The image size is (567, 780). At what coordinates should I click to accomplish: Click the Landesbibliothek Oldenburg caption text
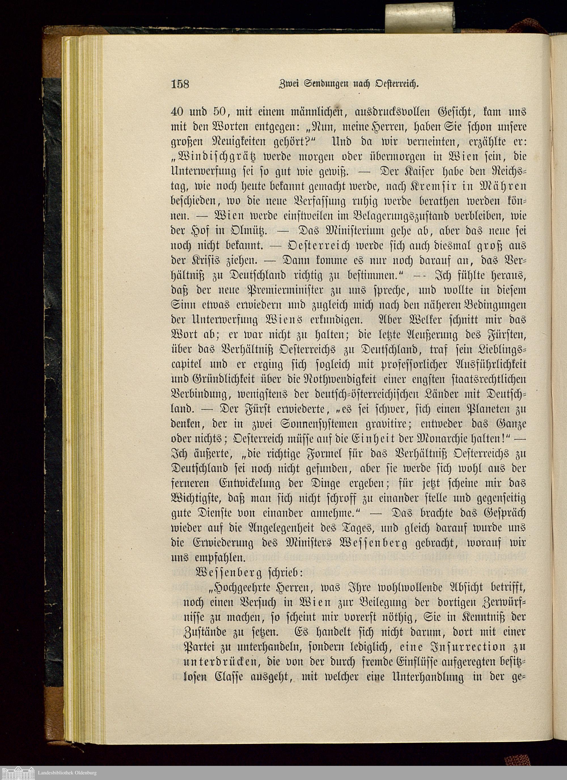click(67, 773)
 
